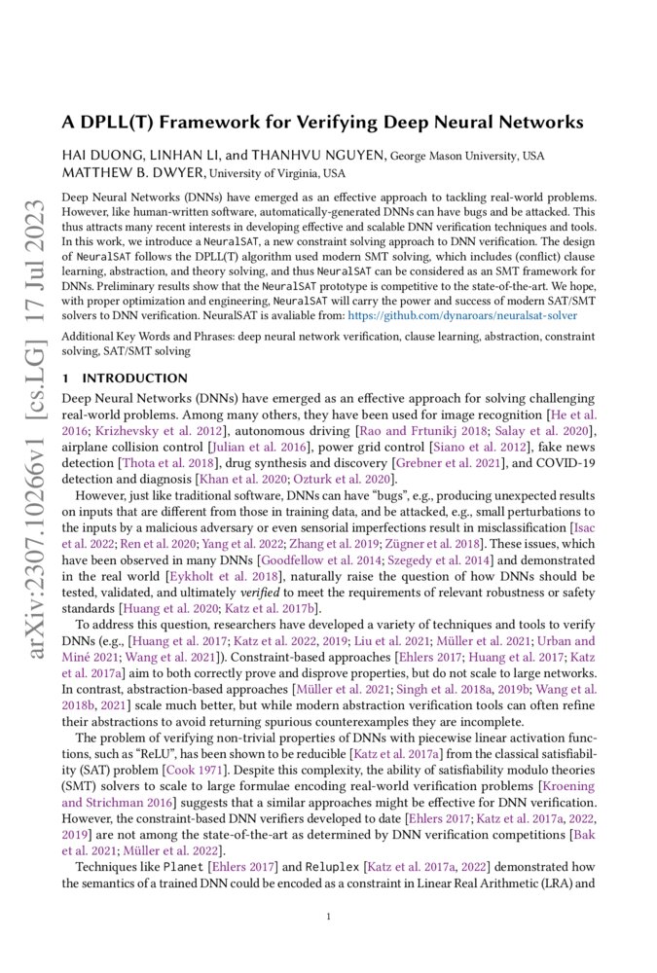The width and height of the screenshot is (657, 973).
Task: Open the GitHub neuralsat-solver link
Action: tap(462, 315)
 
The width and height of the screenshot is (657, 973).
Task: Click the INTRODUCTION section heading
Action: tap(134, 378)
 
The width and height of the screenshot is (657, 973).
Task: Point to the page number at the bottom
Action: tap(329, 916)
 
